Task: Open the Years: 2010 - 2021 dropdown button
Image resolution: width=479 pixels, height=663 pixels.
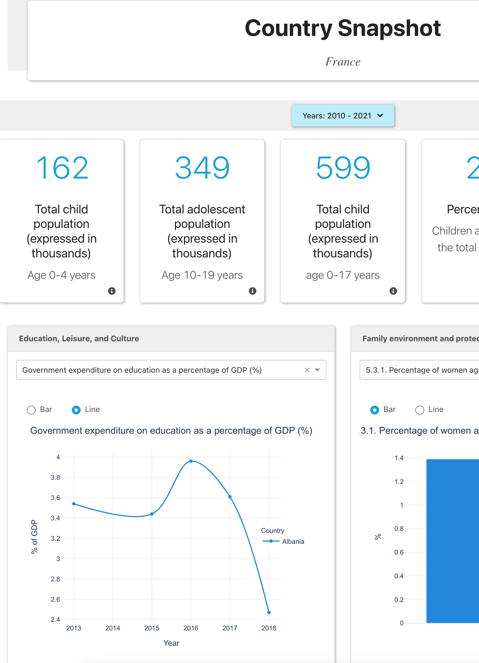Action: click(342, 116)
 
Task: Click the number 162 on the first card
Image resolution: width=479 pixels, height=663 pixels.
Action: click(61, 168)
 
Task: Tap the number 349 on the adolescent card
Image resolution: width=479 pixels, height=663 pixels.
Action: click(202, 168)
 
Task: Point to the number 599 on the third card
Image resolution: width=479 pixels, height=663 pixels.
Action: click(343, 168)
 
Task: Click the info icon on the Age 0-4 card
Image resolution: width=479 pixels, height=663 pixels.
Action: click(112, 291)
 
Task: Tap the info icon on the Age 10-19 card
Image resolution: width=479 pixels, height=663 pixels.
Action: click(253, 291)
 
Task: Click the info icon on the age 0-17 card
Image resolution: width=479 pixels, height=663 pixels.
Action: click(393, 291)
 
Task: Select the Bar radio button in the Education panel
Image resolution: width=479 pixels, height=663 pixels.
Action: click(31, 410)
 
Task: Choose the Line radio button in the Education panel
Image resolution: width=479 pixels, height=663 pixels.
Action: click(76, 410)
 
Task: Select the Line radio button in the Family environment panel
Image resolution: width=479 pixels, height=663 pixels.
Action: click(419, 410)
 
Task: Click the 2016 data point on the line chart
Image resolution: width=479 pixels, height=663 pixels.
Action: click(191, 461)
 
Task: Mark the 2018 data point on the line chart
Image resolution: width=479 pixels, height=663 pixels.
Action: click(269, 612)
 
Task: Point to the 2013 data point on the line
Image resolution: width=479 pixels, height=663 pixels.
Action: click(74, 504)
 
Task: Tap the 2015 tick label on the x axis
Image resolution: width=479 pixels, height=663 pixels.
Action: click(152, 628)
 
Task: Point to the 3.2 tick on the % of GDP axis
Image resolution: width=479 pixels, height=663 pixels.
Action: click(55, 538)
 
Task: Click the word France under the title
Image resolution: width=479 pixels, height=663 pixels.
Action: click(343, 62)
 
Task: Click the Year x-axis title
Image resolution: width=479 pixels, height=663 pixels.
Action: click(171, 643)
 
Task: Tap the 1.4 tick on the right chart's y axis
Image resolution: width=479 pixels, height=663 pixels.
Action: click(399, 458)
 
